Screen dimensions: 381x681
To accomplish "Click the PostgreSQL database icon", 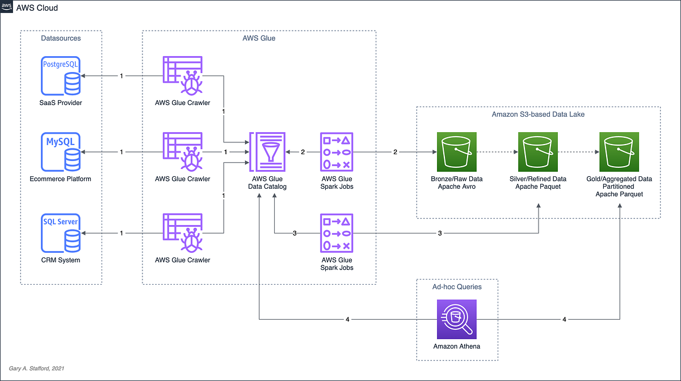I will (x=61, y=75).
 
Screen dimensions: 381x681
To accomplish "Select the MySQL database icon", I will (x=61, y=152).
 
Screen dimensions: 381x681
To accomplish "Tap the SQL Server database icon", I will (x=61, y=233).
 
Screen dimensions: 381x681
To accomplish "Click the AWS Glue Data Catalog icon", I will (x=267, y=152).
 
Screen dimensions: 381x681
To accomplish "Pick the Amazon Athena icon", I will (x=457, y=319).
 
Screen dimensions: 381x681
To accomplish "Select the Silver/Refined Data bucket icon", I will (x=537, y=152).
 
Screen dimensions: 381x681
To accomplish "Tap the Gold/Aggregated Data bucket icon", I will (x=619, y=152).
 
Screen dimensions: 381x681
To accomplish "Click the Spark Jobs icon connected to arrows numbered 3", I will (x=337, y=233).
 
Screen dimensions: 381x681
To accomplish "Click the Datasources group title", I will (x=61, y=38).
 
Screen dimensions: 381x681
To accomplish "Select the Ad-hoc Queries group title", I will (x=457, y=287).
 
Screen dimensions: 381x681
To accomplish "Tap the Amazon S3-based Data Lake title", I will (x=538, y=115).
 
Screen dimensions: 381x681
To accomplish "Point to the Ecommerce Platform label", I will (x=61, y=179).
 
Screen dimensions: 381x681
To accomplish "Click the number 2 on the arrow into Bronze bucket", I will (x=395, y=152).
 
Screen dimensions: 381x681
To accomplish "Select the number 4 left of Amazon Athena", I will (x=348, y=319).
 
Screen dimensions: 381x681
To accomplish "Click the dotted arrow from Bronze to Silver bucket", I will (x=496, y=152).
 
